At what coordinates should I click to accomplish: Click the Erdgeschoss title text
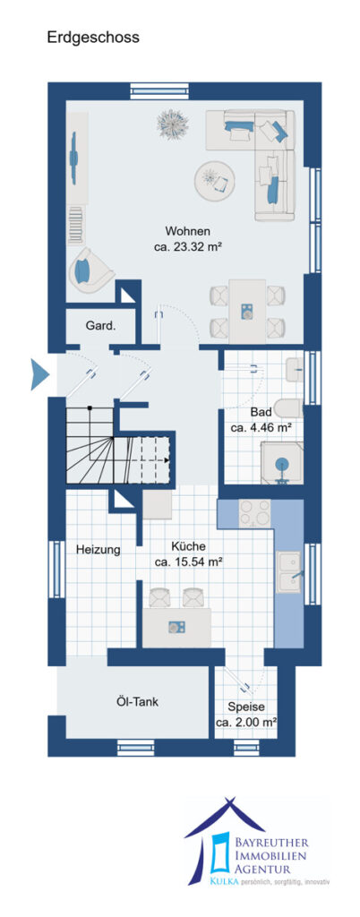pyautogui.click(x=93, y=38)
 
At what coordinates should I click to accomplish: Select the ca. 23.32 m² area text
pyautogui.click(x=187, y=247)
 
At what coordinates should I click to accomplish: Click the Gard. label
pyautogui.click(x=100, y=326)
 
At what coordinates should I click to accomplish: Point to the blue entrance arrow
pyautogui.click(x=39, y=375)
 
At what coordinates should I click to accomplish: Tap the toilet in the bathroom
pyautogui.click(x=290, y=408)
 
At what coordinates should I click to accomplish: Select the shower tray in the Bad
pyautogui.click(x=282, y=463)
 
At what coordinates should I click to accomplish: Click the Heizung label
pyautogui.click(x=98, y=550)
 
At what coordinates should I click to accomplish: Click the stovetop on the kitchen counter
pyautogui.click(x=255, y=513)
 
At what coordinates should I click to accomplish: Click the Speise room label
pyautogui.click(x=246, y=706)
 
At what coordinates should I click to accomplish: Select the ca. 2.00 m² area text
pyautogui.click(x=246, y=723)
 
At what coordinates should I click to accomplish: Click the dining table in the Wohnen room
pyautogui.click(x=247, y=311)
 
